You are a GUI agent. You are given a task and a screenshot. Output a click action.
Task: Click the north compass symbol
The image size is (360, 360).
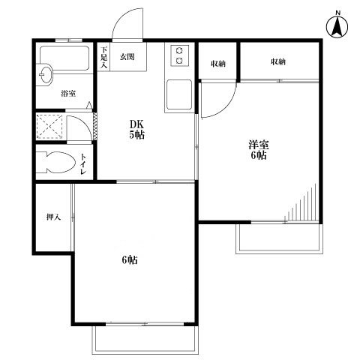tap(337, 25)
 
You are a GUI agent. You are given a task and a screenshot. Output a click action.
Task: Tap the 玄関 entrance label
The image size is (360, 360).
tap(127, 57)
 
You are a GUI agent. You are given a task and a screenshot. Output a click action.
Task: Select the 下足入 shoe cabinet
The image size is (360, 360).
tap(103, 57)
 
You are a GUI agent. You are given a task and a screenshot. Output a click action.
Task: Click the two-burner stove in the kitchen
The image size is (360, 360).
tap(179, 55)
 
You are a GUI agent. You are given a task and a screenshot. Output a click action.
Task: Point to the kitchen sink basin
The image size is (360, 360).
tap(179, 94)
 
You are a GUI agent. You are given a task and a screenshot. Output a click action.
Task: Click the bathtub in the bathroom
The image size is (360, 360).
tap(64, 58)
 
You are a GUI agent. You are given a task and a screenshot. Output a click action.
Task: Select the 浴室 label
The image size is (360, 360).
tap(68, 94)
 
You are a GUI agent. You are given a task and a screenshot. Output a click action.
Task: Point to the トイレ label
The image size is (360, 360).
tap(83, 164)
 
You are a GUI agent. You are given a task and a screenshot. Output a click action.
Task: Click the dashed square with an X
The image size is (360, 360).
tap(49, 126)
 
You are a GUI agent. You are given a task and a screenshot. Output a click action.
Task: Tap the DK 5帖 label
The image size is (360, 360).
tap(136, 129)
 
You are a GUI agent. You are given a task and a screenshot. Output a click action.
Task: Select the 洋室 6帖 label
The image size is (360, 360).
tap(259, 150)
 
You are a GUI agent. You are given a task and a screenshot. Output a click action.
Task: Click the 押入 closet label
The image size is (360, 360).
tap(54, 217)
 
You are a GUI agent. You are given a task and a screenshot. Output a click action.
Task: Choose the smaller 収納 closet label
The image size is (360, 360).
tap(218, 64)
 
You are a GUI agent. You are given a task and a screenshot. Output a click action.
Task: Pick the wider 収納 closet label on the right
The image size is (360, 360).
tap(278, 61)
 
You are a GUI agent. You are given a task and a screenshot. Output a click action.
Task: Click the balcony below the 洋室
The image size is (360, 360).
tap(279, 239)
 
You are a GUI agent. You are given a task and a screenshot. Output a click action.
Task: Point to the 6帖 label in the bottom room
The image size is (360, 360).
tap(130, 260)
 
